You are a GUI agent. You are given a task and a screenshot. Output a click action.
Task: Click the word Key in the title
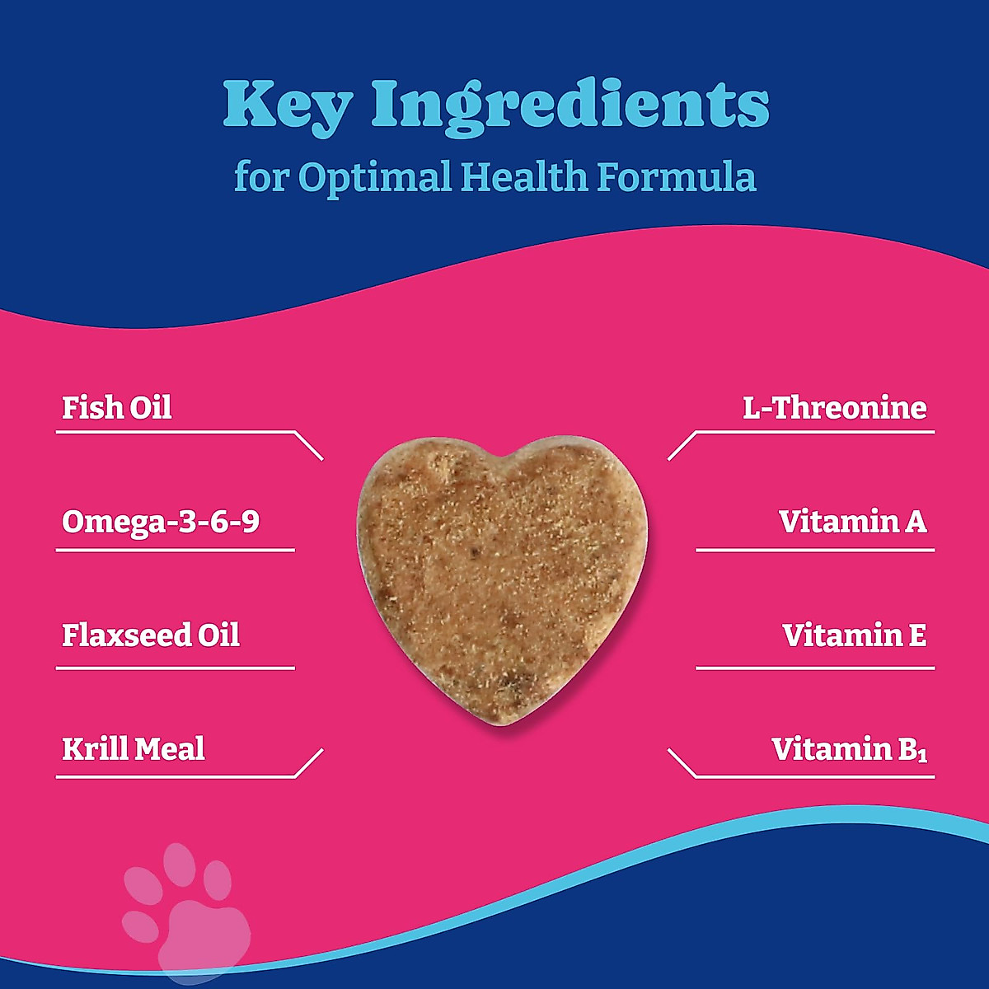click(288, 106)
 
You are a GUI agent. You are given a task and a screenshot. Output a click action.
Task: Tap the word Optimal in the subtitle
click(375, 178)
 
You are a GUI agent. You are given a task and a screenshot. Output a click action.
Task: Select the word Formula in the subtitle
click(676, 176)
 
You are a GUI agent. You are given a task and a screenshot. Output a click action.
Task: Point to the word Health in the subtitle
click(524, 176)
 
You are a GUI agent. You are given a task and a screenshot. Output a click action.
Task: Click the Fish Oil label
click(116, 408)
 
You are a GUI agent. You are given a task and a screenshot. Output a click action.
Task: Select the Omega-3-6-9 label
click(160, 523)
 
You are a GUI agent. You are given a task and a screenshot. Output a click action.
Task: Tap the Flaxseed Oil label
click(150, 635)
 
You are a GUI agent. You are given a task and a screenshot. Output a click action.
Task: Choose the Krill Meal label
click(134, 748)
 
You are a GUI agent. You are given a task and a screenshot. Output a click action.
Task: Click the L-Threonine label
click(835, 408)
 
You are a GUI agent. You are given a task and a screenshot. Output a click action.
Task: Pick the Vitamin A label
click(852, 522)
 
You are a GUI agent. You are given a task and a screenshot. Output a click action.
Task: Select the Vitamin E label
click(855, 635)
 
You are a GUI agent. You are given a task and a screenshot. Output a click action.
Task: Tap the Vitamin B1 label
click(850, 749)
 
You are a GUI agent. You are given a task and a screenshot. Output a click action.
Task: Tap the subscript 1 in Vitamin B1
click(922, 756)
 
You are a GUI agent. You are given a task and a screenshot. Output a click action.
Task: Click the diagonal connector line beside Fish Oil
click(309, 446)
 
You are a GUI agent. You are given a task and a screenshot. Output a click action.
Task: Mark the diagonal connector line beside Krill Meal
click(309, 762)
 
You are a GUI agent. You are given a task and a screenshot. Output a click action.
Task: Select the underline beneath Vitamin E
click(815, 668)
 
